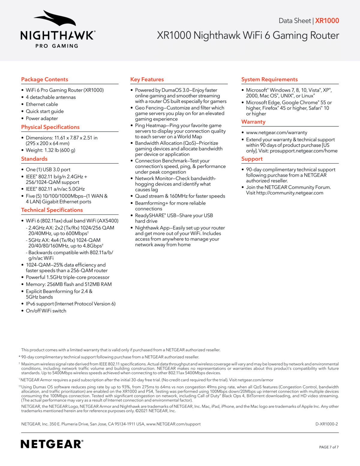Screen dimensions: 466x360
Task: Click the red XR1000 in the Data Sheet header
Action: tap(327, 21)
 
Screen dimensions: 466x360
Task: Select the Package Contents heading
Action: tap(45, 80)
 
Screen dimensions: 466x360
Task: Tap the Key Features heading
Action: tap(147, 80)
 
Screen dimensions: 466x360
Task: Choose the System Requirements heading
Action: tap(269, 80)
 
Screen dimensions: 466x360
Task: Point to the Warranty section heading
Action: tap(253, 122)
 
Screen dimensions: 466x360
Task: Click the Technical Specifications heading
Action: tap(52, 210)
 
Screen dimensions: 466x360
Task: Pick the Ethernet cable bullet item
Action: tap(42, 104)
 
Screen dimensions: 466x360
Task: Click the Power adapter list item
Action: tap(42, 118)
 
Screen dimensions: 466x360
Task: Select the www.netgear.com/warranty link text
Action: tap(277, 132)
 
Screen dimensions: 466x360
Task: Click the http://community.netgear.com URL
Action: tap(290, 193)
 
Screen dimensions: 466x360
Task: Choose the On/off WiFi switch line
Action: tap(46, 311)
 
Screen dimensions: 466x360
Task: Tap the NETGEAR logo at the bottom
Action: tap(52, 444)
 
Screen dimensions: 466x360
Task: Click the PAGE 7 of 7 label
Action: tap(329, 447)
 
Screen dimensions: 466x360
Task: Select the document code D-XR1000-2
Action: tap(326, 424)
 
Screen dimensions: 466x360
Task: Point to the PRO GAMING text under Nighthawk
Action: tap(57, 46)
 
